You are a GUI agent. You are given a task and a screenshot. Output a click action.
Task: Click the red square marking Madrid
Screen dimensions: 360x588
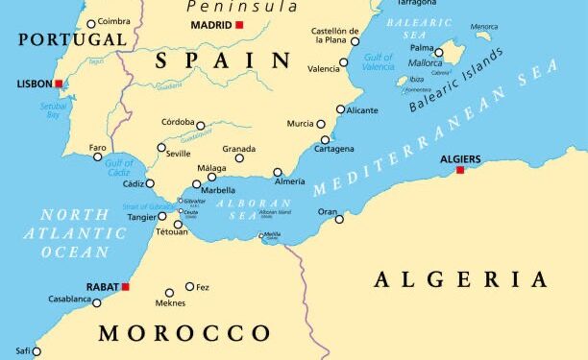coord(239,25)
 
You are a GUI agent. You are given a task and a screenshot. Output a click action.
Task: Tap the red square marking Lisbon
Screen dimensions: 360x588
coord(59,84)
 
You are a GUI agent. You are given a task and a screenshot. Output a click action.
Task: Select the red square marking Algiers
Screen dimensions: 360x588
coord(460,170)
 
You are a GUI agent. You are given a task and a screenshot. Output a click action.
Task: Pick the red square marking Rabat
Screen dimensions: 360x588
coord(125,286)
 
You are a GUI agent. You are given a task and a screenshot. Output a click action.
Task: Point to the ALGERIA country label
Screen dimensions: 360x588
coord(461,279)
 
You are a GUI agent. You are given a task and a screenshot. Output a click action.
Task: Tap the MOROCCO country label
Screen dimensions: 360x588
coord(184,333)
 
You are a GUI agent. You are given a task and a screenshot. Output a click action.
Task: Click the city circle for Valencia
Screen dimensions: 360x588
coord(344,62)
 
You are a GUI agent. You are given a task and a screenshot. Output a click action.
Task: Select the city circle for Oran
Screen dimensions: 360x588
coord(339,219)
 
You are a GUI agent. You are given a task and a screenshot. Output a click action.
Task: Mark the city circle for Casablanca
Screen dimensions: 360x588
coord(96,303)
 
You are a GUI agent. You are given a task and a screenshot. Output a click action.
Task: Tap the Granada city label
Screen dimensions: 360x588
coord(239,148)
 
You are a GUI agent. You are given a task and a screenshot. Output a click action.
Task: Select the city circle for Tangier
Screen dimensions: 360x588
coord(161,216)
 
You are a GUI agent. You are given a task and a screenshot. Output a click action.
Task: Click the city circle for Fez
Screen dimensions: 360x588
coord(189,286)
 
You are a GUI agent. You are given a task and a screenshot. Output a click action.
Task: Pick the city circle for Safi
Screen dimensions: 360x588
coord(37,351)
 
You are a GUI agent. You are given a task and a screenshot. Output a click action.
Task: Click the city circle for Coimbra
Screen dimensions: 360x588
coord(91,24)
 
